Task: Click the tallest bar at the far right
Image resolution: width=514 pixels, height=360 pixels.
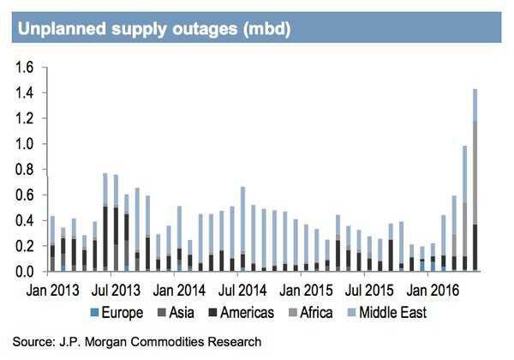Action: (475, 180)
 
